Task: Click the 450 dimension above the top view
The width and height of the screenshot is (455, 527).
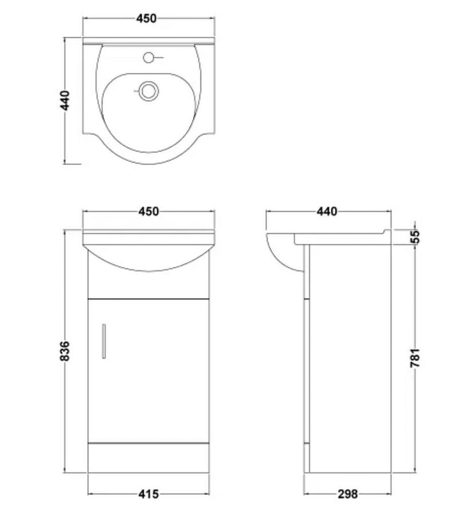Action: [147, 18]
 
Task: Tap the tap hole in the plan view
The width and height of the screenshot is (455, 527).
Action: [149, 57]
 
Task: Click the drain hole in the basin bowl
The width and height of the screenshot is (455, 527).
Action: [148, 90]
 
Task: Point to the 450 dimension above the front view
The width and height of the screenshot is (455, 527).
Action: [148, 211]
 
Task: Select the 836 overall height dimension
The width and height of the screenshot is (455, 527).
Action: [65, 351]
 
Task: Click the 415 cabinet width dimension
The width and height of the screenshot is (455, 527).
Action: [148, 493]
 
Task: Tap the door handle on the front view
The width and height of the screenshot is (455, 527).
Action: [104, 341]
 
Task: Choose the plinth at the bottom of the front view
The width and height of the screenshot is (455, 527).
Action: [148, 458]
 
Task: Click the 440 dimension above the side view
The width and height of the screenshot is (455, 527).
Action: [327, 211]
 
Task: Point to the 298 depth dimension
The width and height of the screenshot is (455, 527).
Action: [347, 493]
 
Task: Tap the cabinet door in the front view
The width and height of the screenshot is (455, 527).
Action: [148, 369]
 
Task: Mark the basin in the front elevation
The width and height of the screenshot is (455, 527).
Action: [148, 252]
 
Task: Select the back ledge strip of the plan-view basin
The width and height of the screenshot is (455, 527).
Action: [148, 41]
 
